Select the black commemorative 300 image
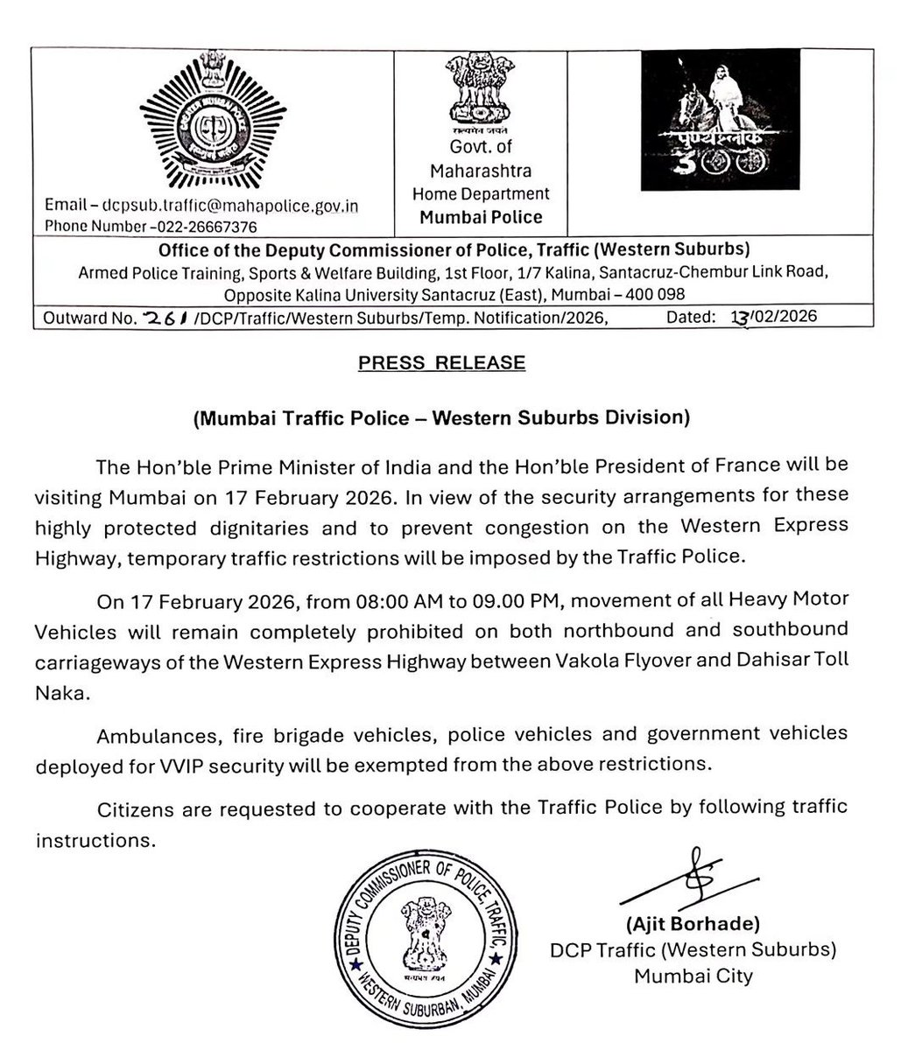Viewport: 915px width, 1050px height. [719, 119]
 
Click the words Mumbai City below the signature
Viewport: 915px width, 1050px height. [693, 976]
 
